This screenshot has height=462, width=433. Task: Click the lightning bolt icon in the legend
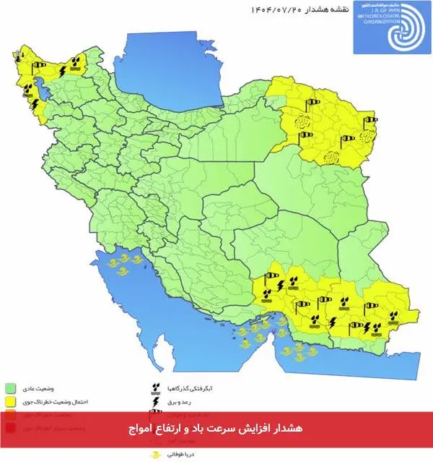click(154, 401)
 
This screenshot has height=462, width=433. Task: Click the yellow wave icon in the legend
click(154, 455)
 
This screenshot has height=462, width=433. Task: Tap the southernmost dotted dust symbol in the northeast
click(331, 157)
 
